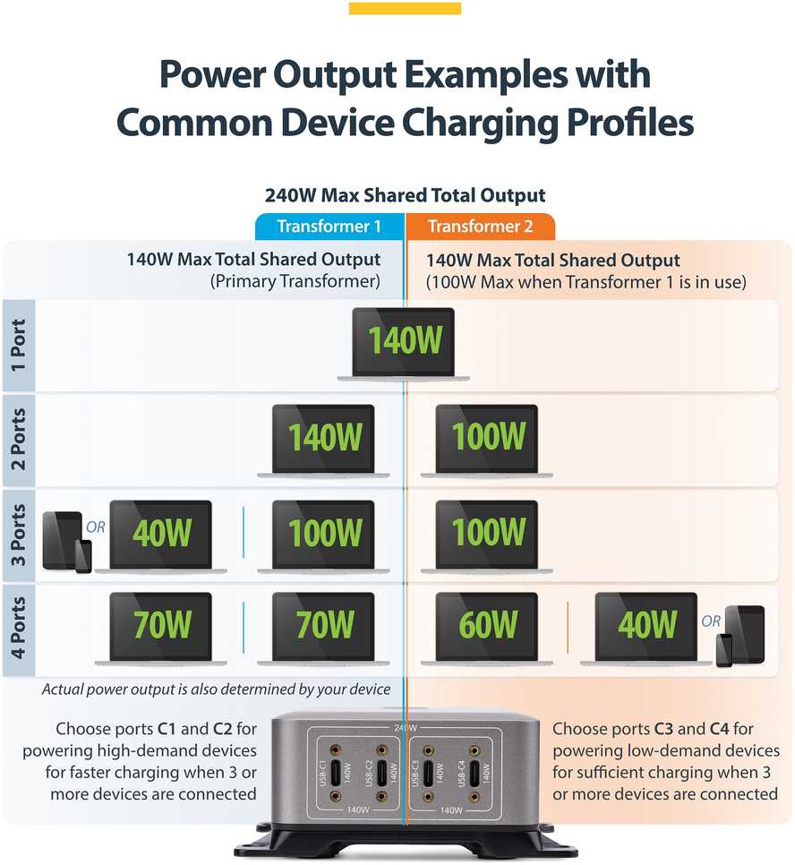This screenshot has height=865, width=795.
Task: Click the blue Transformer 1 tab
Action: click(329, 227)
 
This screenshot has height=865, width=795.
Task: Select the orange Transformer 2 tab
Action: click(480, 227)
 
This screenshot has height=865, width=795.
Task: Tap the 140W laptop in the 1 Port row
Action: click(403, 344)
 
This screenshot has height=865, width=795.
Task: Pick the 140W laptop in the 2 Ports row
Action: click(323, 441)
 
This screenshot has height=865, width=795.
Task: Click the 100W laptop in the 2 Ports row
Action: click(487, 441)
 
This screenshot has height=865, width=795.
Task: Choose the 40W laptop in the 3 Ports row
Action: click(160, 536)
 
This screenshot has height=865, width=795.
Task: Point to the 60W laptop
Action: click(487, 629)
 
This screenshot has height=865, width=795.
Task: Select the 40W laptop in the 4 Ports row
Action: click(646, 629)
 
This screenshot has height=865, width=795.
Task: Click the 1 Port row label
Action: click(18, 346)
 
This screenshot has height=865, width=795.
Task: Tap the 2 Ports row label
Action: click(18, 440)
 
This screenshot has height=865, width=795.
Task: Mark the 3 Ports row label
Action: click(18, 535)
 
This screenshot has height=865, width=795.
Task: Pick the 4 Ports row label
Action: click(18, 629)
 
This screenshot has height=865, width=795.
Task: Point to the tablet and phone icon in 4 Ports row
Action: click(739, 636)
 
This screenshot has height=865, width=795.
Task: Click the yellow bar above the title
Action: click(405, 8)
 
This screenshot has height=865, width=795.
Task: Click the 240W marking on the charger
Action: click(406, 728)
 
